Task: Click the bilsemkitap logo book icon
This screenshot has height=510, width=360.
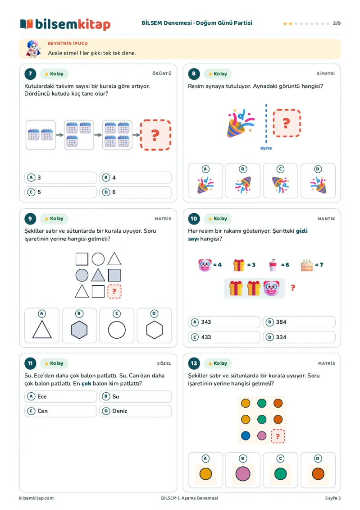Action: point(26,24)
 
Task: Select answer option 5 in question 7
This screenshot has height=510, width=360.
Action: point(60,192)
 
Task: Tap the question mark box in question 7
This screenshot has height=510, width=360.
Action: point(155,135)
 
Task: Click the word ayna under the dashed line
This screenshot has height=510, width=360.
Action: point(266,148)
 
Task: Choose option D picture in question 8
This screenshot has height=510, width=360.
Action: point(318,181)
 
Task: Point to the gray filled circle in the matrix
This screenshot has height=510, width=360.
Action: point(82,275)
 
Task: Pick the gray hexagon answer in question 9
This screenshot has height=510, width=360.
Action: point(79,326)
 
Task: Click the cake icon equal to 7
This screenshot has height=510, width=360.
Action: point(307,265)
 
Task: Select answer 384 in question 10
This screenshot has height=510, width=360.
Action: point(299,322)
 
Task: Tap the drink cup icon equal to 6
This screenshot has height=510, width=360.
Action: point(273,265)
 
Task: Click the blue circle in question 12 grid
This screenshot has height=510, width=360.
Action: point(246,436)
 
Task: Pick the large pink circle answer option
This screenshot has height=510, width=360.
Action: point(243,473)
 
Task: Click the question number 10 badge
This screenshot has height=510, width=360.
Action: point(194,219)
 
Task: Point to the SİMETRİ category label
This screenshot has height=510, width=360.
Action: point(326,74)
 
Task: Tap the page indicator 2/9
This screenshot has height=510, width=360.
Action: point(337,23)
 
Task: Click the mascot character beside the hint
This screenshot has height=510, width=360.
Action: point(34,49)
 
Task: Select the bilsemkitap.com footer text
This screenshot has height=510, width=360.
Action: point(36,498)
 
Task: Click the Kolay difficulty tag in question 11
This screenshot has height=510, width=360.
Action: point(54,363)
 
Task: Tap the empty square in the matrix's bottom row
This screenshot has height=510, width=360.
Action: point(98,291)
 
